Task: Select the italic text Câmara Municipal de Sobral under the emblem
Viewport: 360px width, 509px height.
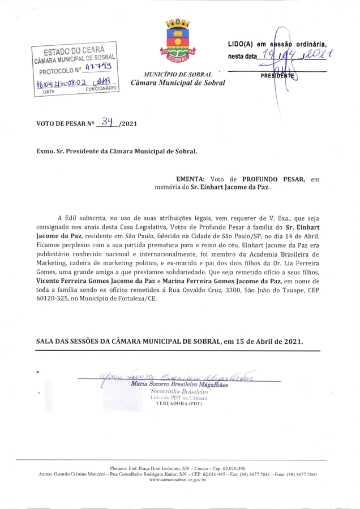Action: click(178, 83)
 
